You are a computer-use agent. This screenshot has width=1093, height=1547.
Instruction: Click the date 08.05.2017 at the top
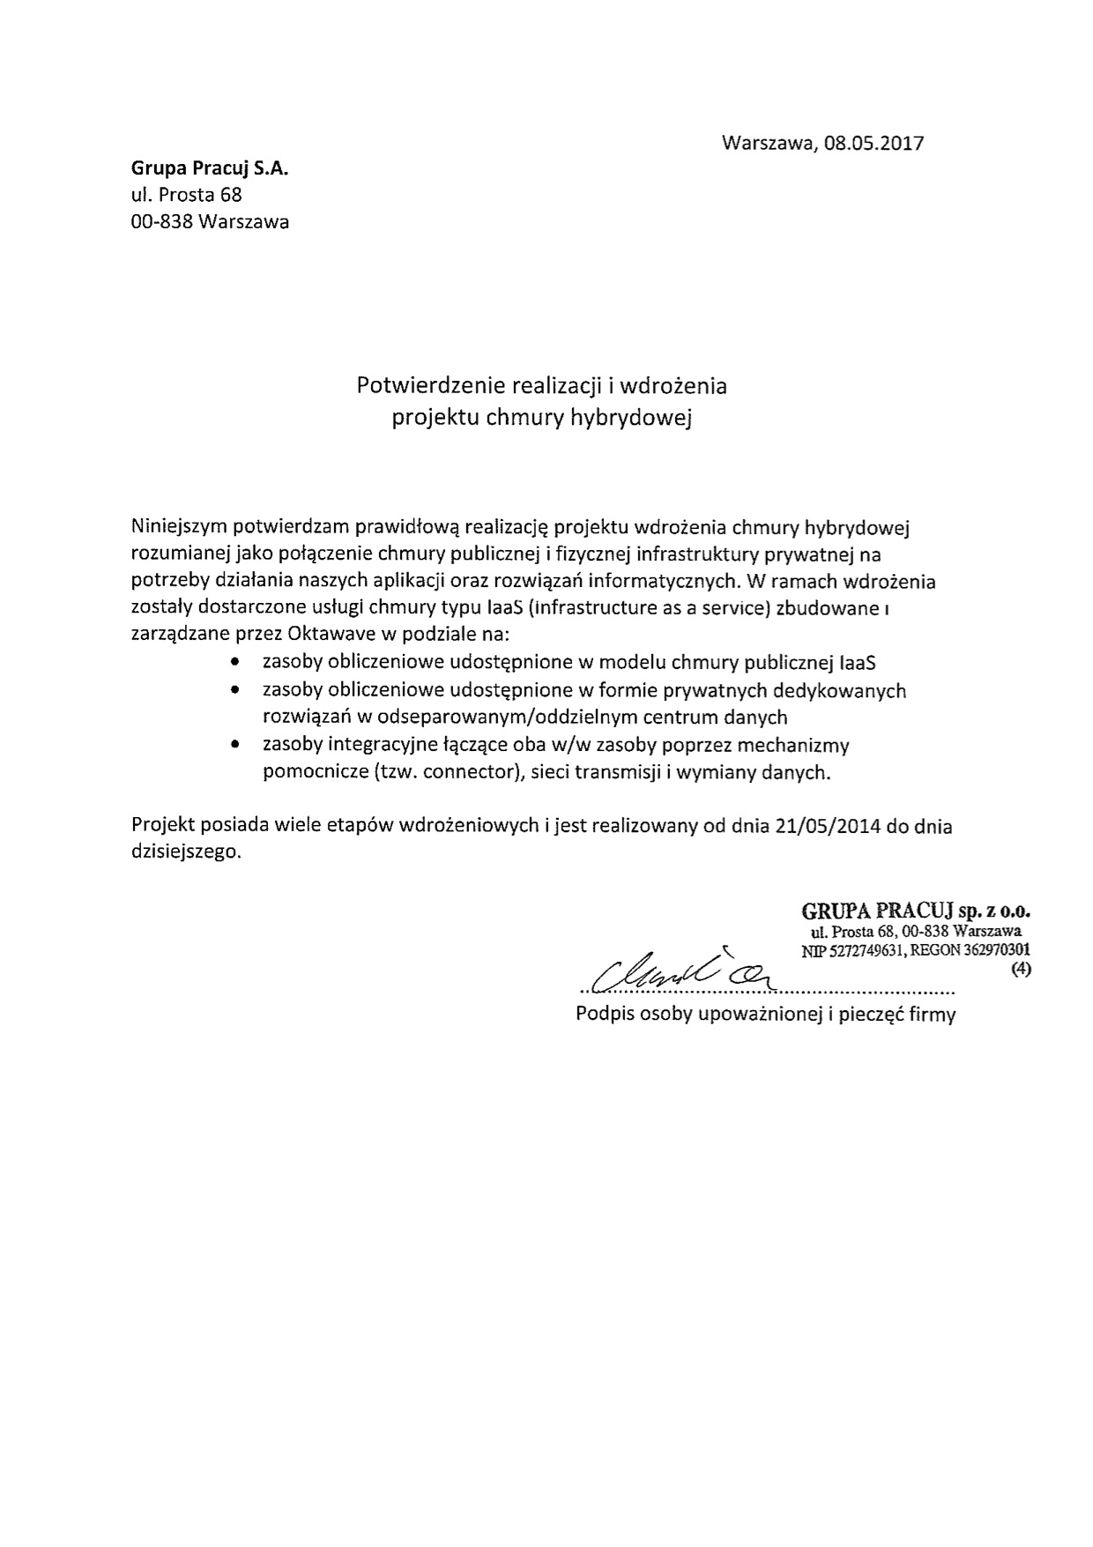pos(874,143)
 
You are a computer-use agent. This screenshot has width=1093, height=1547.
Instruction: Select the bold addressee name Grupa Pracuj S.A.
pos(210,167)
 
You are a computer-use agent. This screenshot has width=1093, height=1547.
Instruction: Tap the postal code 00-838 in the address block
pos(161,221)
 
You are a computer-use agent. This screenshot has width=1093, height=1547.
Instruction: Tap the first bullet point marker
pos(234,661)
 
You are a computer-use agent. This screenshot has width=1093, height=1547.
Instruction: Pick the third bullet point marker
pos(234,745)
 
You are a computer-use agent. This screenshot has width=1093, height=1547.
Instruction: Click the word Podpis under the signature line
pos(601,1014)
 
